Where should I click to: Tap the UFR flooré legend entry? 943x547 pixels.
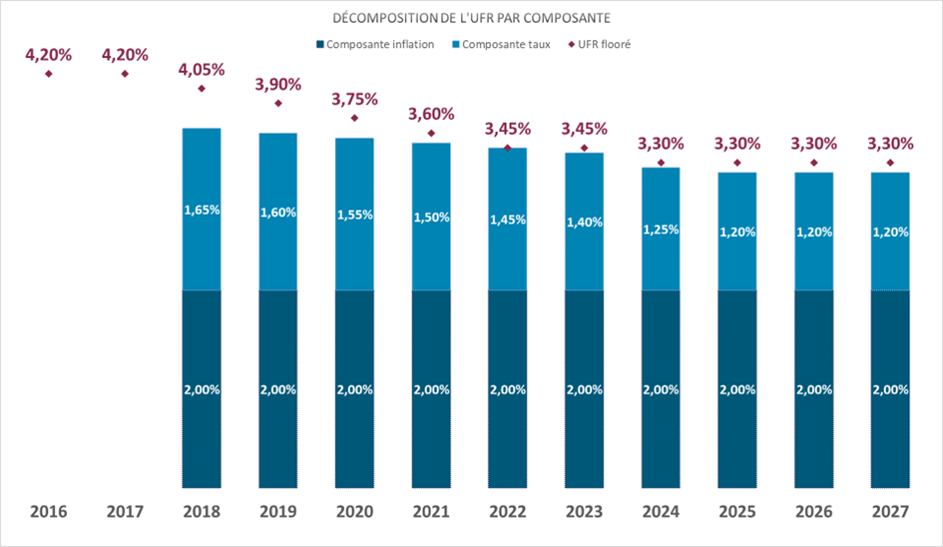[601, 45]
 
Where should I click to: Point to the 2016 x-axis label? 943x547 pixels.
[49, 512]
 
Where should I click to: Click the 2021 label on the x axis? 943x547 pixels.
[431, 512]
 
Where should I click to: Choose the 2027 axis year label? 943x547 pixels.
[889, 512]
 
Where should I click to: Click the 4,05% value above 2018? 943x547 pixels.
[202, 70]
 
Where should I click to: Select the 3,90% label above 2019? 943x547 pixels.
[277, 85]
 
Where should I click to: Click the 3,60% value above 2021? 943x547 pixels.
[431, 114]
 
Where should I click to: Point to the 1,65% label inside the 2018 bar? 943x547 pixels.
[202, 211]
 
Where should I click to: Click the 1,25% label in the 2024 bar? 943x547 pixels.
[661, 230]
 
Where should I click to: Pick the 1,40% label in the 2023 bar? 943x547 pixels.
[584, 223]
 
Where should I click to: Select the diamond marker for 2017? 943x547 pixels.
[125, 73]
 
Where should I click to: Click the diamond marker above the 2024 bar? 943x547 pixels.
[661, 162]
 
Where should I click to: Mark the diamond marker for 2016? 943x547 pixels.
[49, 73]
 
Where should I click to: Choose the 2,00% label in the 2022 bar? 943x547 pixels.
[507, 390]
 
